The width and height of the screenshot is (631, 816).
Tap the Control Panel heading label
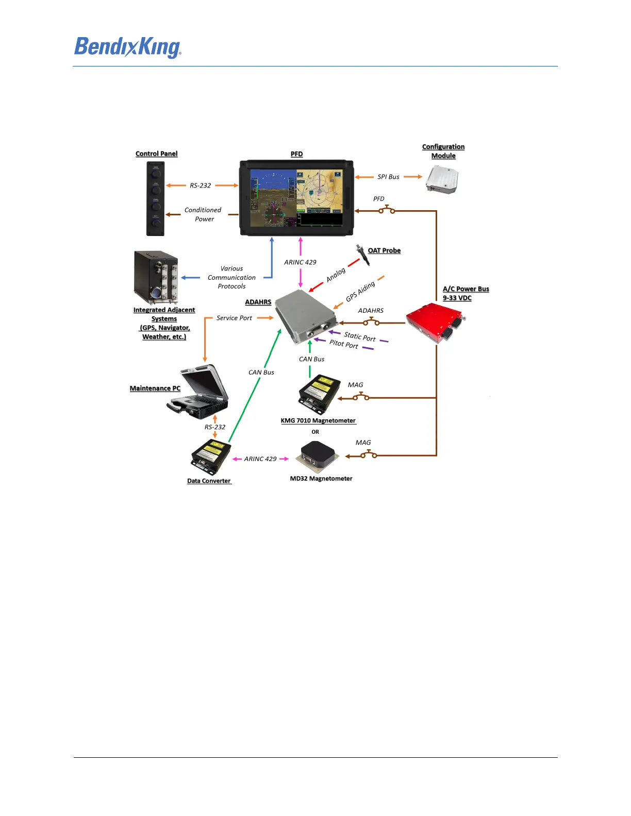[156, 154]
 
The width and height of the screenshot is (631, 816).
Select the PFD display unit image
[296, 198]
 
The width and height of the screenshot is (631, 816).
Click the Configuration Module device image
[442, 180]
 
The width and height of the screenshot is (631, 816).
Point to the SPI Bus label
[388, 177]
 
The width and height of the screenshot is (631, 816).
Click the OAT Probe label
[384, 250]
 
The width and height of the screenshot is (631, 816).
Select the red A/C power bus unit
[436, 322]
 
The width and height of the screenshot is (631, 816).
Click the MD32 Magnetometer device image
[317, 456]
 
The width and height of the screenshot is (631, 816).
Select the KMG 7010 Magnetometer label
[318, 420]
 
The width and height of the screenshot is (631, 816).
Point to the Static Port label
[360, 336]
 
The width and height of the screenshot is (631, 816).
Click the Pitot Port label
[344, 344]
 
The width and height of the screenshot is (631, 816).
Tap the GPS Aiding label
[360, 292]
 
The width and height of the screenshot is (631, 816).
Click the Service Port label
[234, 318]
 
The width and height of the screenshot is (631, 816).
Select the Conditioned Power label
[203, 214]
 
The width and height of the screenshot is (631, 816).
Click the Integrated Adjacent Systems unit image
[156, 277]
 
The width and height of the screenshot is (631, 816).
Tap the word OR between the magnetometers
[315, 432]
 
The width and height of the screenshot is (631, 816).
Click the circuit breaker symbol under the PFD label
[387, 210]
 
